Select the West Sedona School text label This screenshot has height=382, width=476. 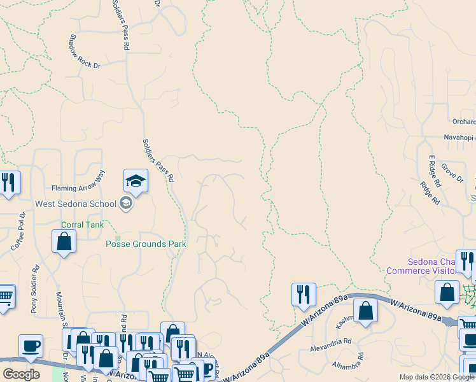[x=76, y=204]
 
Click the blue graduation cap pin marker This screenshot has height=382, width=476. [x=136, y=181]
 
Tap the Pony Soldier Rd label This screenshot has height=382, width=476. [x=34, y=290]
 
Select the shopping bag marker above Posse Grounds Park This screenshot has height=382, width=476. [x=64, y=242]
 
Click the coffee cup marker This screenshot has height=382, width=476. [x=31, y=347]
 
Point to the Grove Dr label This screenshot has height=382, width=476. [x=452, y=173]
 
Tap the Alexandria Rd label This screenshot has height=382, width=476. [x=330, y=348]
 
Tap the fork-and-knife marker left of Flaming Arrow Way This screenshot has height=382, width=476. [x=8, y=183]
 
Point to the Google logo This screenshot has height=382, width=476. [x=21, y=374]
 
